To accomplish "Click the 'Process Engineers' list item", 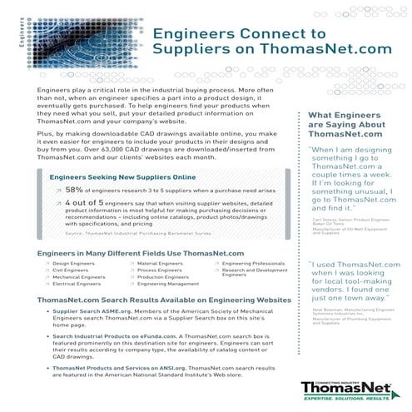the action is pyautogui.click(x=159, y=270).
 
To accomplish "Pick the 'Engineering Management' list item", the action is pyautogui.click(x=166, y=284).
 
